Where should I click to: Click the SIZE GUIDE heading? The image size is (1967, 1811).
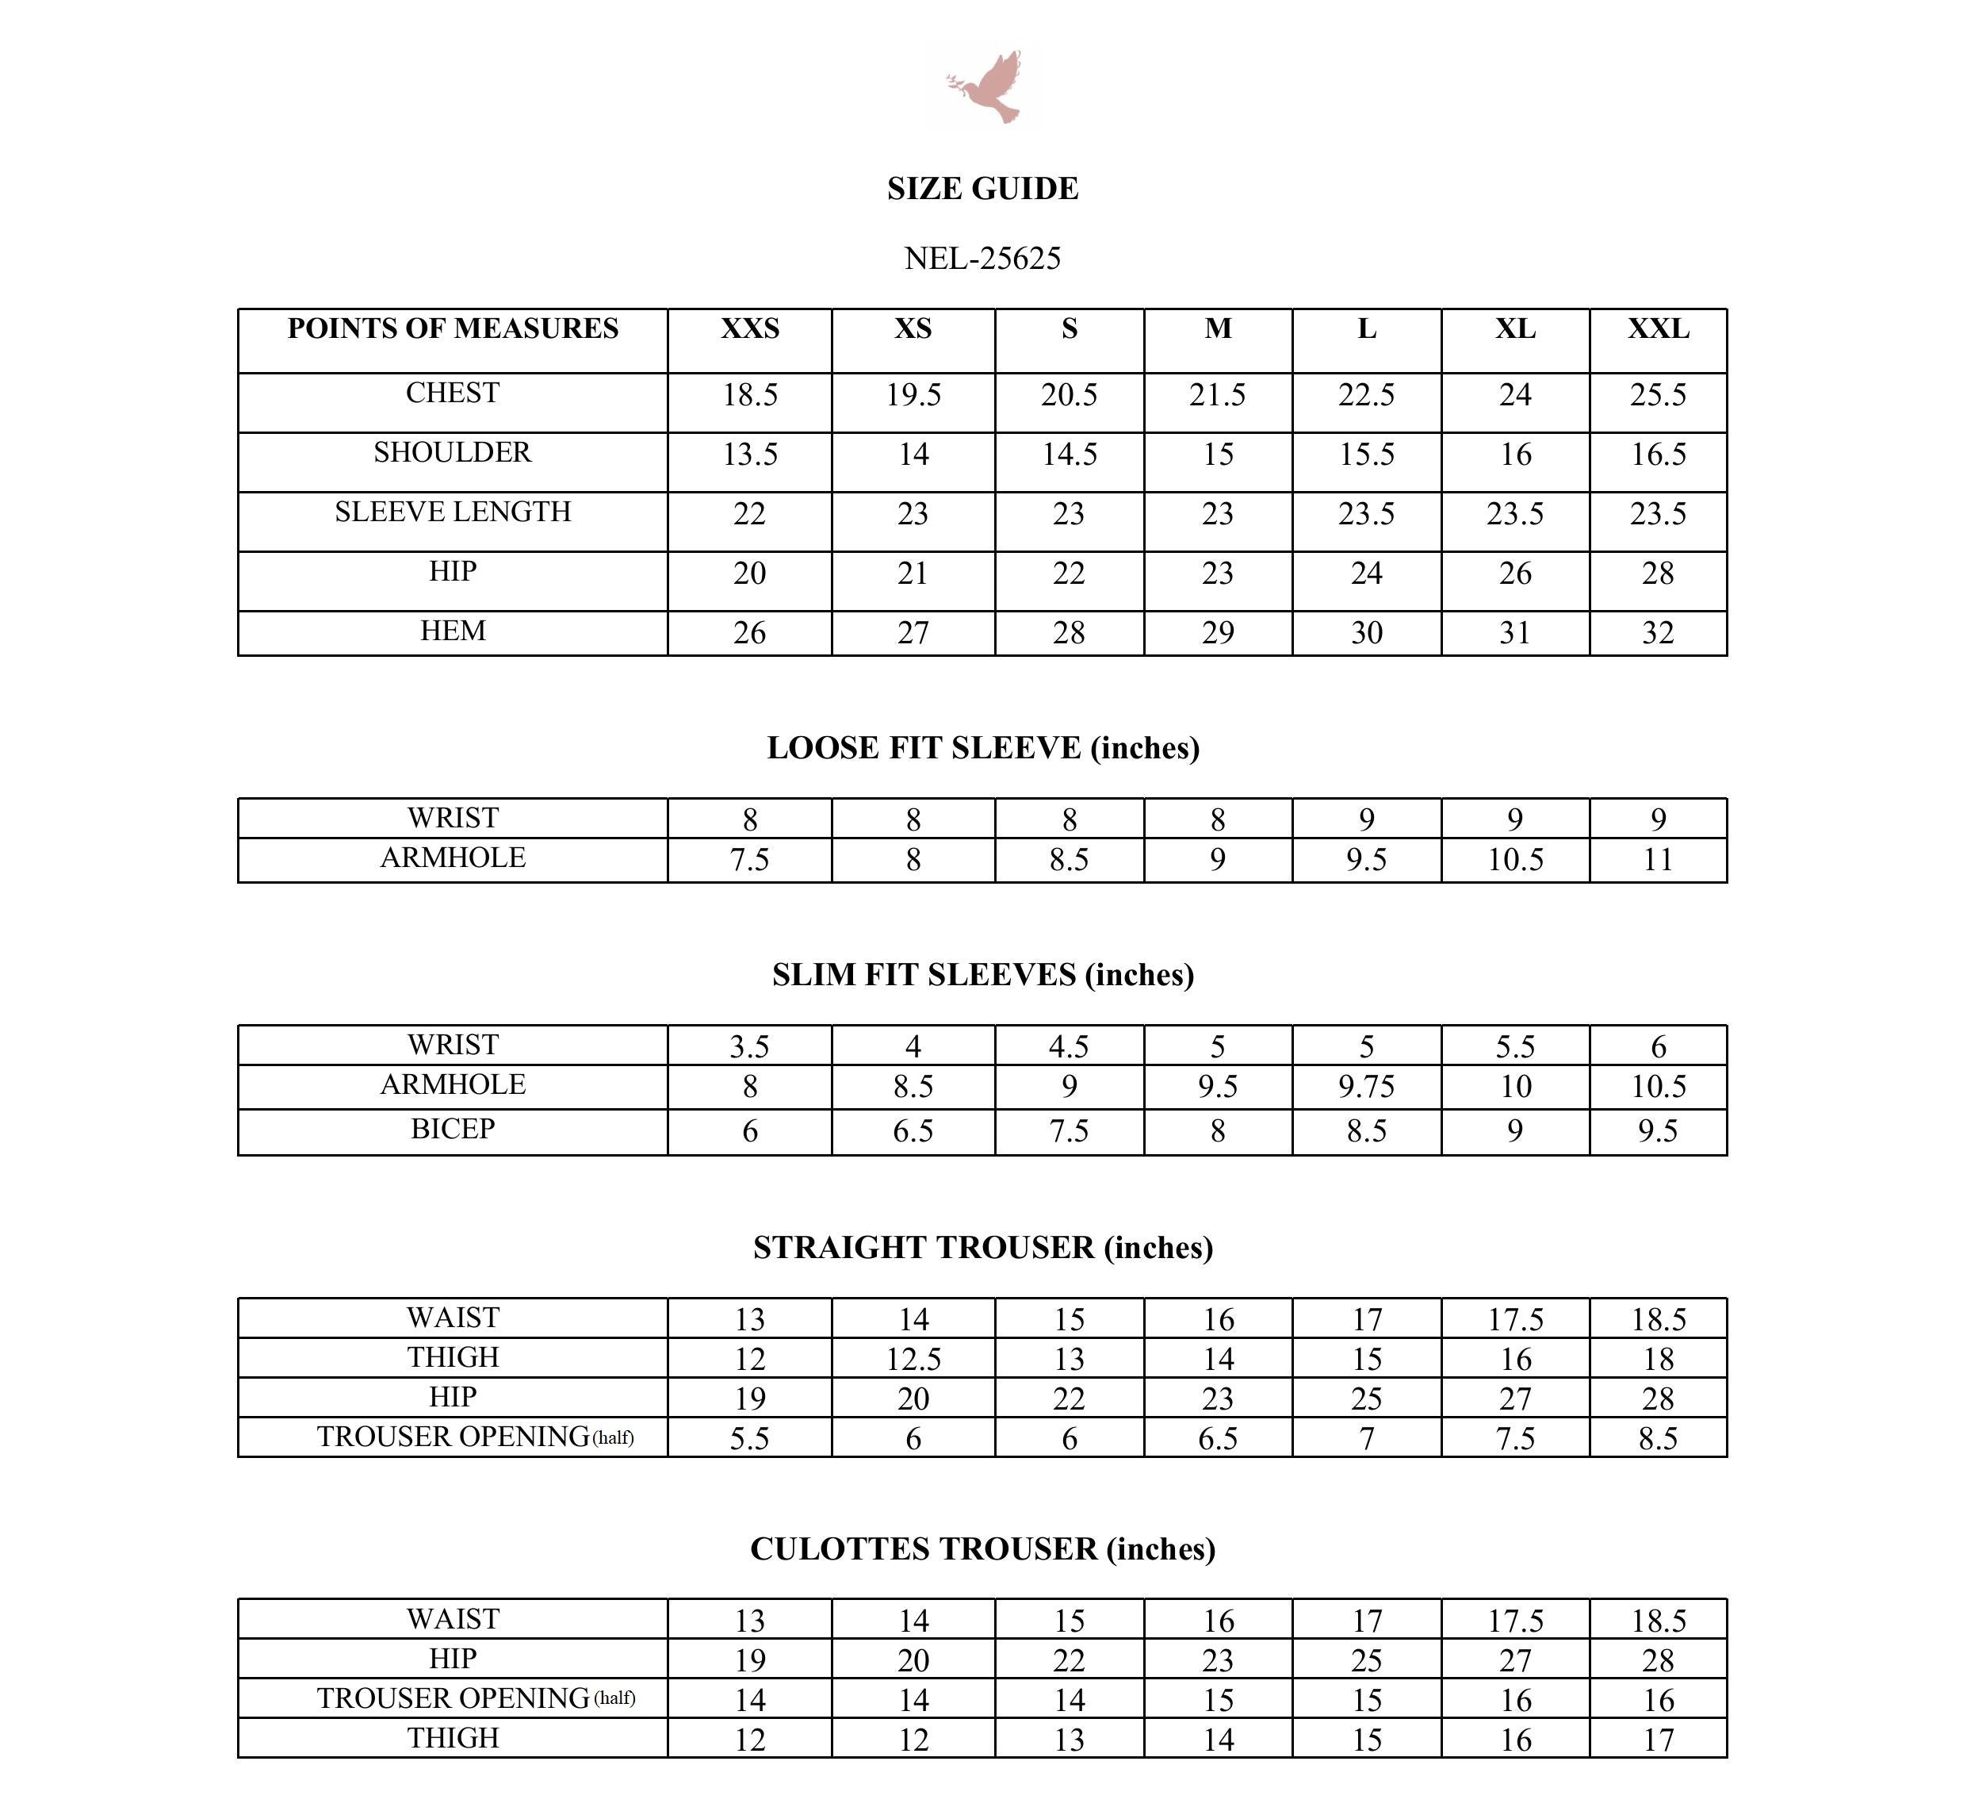[982, 188]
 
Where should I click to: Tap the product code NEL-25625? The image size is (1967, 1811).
[982, 258]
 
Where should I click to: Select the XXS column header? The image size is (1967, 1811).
[749, 329]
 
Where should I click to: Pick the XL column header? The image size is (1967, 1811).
[1514, 329]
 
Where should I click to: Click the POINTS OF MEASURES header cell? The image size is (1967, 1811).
[453, 329]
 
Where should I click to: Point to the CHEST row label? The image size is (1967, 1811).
[453, 393]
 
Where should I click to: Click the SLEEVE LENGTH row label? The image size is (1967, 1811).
[453, 512]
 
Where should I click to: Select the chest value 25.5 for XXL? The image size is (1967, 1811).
[1658, 395]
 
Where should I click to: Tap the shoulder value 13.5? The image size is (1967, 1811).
[749, 455]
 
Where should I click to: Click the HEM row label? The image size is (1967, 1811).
[453, 631]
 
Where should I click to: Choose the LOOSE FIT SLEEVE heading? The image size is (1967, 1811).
[982, 748]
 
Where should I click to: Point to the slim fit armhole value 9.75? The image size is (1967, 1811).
[1365, 1087]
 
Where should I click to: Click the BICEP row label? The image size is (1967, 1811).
[453, 1129]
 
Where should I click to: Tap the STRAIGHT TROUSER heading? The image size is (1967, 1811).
[982, 1248]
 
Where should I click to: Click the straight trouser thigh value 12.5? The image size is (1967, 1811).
[913, 1359]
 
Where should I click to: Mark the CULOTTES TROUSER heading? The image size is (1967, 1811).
[982, 1549]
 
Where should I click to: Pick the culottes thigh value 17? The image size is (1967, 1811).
[1658, 1740]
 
